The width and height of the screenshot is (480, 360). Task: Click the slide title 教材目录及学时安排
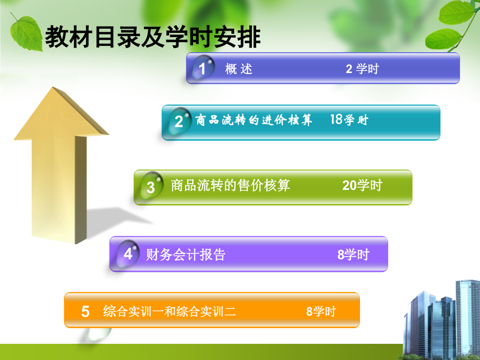[153, 37]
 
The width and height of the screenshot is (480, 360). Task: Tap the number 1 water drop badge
[202, 68]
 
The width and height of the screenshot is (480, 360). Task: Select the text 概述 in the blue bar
[239, 68]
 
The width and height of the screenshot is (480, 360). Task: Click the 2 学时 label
[362, 68]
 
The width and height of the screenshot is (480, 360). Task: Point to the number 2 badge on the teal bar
[179, 122]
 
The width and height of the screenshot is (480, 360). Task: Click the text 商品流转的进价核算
[254, 121]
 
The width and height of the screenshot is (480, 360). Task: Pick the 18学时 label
[349, 120]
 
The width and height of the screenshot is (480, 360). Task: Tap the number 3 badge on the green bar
[151, 187]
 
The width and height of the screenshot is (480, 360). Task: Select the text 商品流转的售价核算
[231, 185]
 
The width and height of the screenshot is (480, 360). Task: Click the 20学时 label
[362, 185]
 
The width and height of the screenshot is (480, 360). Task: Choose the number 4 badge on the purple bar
[128, 254]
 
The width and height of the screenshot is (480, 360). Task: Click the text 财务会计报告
[186, 255]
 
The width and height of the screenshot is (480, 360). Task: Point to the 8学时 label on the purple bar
[353, 255]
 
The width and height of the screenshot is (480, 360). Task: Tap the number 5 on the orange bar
[86, 312]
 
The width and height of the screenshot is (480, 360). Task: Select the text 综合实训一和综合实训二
[170, 312]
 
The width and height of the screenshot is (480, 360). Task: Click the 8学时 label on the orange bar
[321, 312]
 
